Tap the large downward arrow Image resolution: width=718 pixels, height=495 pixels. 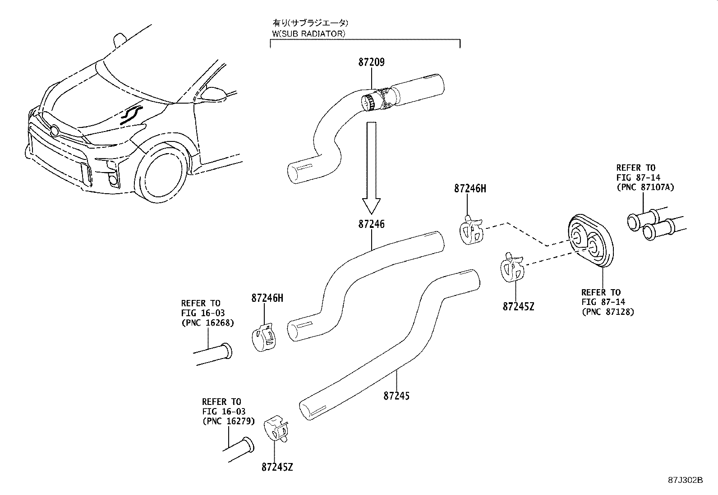coord(372,167)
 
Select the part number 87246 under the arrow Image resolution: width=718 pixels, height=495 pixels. coord(372,224)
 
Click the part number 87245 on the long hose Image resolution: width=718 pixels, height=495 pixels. coord(397,396)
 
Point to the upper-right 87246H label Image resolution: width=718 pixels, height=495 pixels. coord(470,189)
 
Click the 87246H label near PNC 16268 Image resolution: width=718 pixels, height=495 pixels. coord(267,298)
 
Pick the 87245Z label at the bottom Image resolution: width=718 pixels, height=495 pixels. coord(277,467)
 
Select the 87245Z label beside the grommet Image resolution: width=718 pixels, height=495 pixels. coord(518,306)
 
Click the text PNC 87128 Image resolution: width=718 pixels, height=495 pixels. coord(608,312)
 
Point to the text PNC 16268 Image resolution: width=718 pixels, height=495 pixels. coord(207,322)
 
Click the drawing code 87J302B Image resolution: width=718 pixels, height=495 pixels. coord(686,480)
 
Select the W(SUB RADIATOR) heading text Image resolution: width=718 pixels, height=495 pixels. coord(309,33)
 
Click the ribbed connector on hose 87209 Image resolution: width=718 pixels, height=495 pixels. coord(369,102)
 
